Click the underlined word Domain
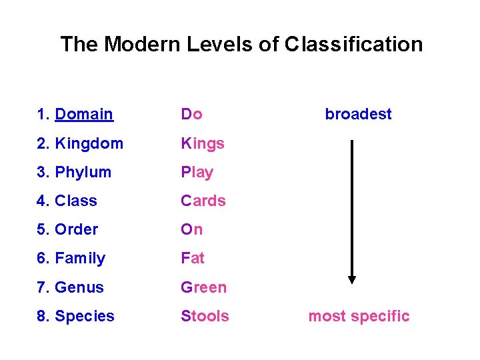tap(84, 114)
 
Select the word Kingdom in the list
tap(89, 143)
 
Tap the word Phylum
tap(83, 172)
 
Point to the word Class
tap(76, 201)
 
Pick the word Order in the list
tap(77, 229)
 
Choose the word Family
tap(80, 258)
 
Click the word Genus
tap(79, 287)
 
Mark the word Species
tap(85, 316)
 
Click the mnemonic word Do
tap(191, 114)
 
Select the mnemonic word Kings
tap(203, 143)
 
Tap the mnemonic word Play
tap(197, 172)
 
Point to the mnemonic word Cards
tap(203, 201)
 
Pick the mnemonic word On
tap(192, 229)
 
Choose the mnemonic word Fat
tap(193, 258)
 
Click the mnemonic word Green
tap(204, 287)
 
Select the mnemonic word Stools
tap(205, 316)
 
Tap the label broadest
tap(358, 114)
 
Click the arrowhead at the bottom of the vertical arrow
tap(352, 279)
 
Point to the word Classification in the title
tap(353, 44)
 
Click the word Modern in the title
tap(138, 44)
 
